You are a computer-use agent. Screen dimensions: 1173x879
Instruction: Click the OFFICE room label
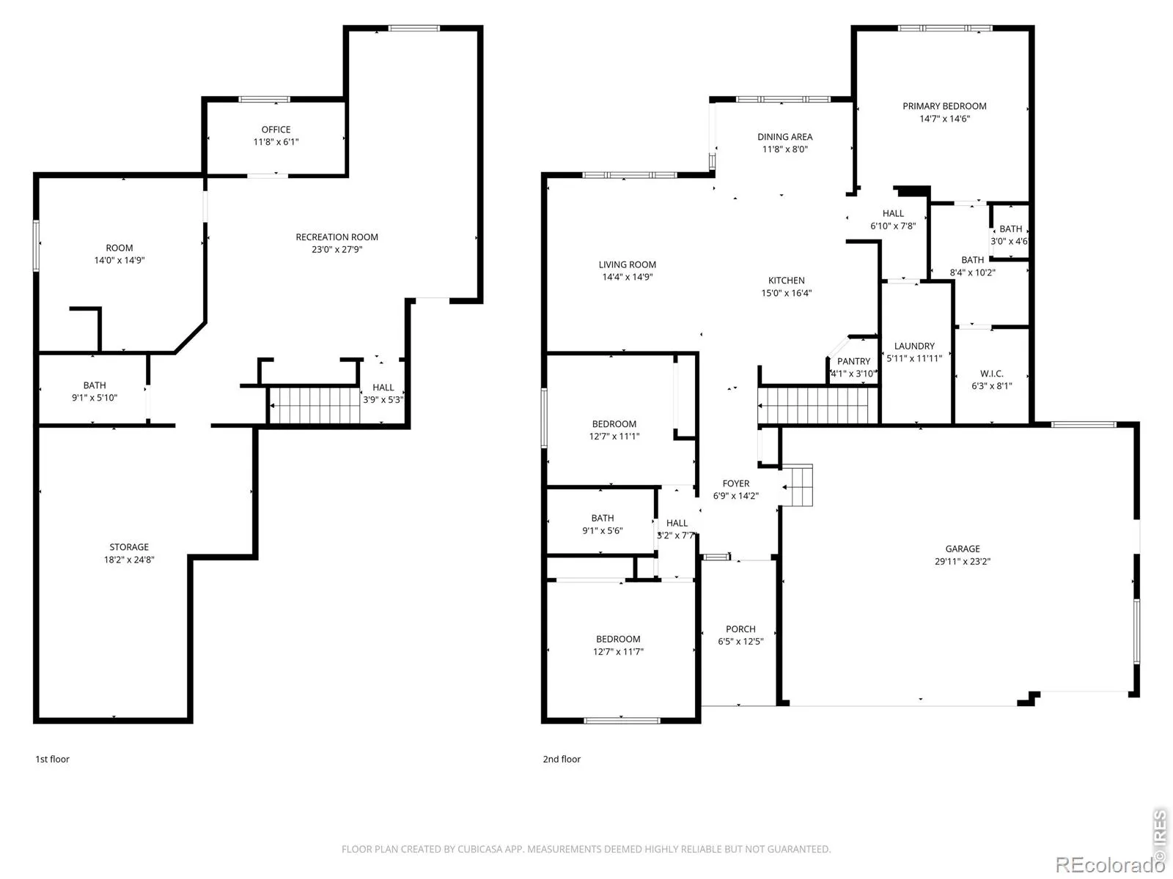pyautogui.click(x=276, y=129)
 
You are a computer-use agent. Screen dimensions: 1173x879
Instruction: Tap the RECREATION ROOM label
pyautogui.click(x=337, y=237)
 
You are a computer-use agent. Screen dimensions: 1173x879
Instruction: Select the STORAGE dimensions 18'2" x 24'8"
pyautogui.click(x=129, y=560)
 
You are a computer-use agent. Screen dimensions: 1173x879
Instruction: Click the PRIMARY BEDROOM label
pyautogui.click(x=944, y=105)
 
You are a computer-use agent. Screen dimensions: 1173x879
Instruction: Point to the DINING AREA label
pyautogui.click(x=784, y=137)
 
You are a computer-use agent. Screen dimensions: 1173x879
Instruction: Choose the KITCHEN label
pyautogui.click(x=786, y=281)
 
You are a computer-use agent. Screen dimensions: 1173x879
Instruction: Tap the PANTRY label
pyautogui.click(x=853, y=361)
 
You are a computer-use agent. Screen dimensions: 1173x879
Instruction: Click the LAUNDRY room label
pyautogui.click(x=914, y=346)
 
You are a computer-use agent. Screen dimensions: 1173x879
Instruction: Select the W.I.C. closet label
pyautogui.click(x=991, y=374)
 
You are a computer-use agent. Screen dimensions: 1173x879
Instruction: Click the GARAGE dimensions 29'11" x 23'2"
pyautogui.click(x=962, y=561)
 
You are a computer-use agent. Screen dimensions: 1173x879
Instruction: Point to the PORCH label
pyautogui.click(x=740, y=628)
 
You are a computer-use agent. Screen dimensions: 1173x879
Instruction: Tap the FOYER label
pyautogui.click(x=735, y=483)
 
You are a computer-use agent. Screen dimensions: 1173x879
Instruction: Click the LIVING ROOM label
pyautogui.click(x=627, y=264)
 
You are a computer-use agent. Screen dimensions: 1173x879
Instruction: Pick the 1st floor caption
pyautogui.click(x=52, y=759)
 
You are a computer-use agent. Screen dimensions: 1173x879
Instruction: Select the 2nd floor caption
pyautogui.click(x=561, y=759)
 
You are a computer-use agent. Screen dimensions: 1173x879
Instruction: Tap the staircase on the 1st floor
pyautogui.click(x=315, y=406)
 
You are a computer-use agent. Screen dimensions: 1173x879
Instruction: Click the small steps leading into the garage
pyautogui.click(x=796, y=485)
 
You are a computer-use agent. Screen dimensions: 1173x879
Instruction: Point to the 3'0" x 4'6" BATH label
pyautogui.click(x=1009, y=235)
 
